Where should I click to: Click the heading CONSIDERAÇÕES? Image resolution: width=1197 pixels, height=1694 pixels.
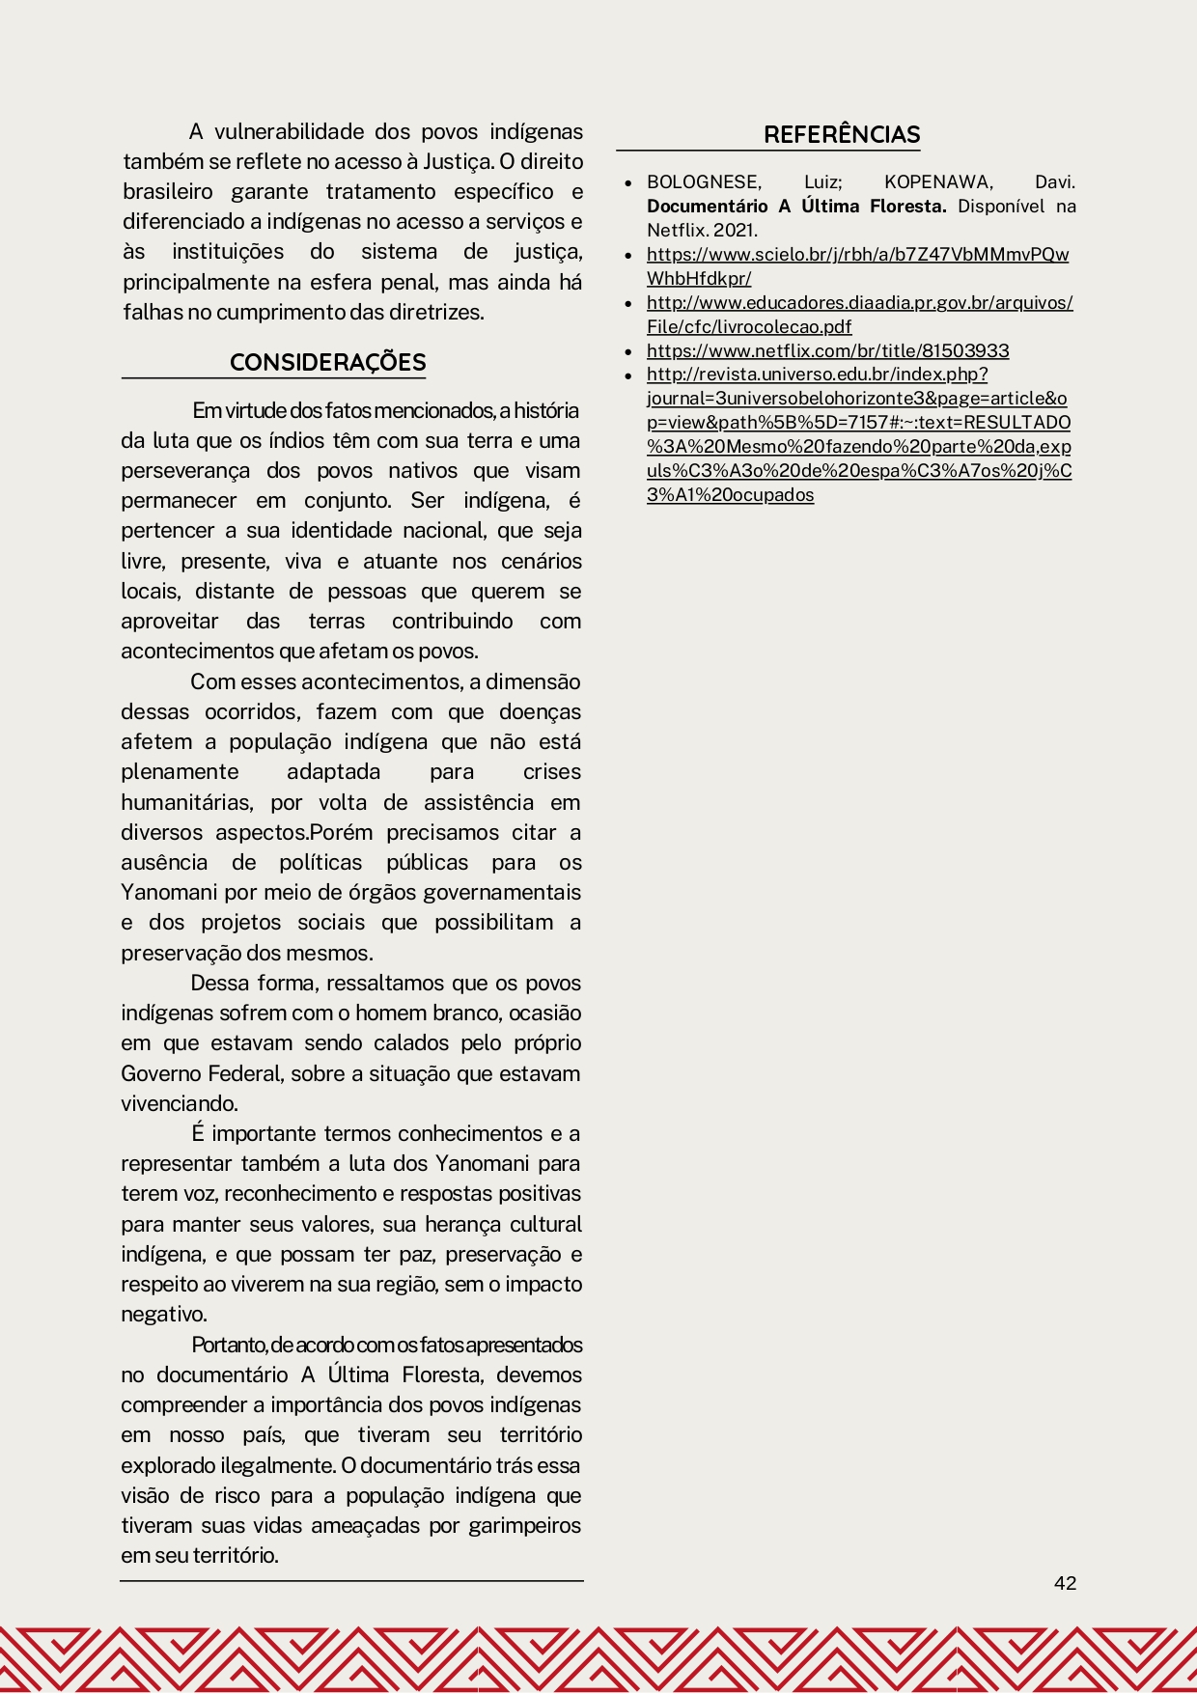(x=327, y=363)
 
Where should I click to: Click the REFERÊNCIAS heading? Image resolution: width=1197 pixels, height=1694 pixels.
(x=842, y=135)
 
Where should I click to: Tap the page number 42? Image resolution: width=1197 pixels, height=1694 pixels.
(x=1065, y=1583)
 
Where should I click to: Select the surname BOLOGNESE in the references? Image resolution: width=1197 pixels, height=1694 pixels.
(x=704, y=182)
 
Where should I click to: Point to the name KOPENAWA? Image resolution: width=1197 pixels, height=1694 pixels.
(x=936, y=182)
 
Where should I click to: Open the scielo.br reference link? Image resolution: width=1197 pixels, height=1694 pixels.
(x=857, y=255)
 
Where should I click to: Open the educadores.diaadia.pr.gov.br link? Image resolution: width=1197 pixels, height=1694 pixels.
(x=859, y=303)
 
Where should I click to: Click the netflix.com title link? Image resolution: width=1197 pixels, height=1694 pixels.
(x=827, y=351)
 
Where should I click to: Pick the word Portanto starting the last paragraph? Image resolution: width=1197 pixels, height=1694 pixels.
(x=229, y=1346)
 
